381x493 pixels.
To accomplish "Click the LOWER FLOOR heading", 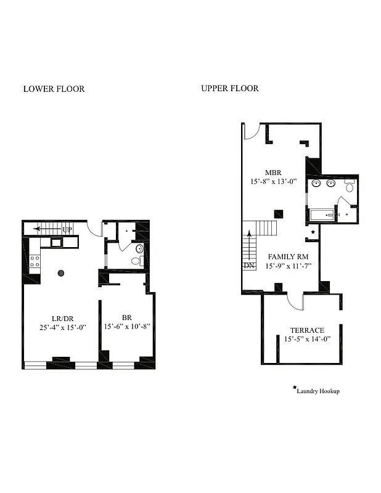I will coord(54,89).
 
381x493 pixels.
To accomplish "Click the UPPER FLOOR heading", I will coord(229,88).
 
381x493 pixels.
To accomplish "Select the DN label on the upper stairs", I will coord(248,266).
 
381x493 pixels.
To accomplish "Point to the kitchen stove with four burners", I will coord(35,261).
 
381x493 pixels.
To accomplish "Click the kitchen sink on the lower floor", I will coord(56,243).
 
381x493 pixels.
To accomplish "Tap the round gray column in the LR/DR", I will coord(61,273).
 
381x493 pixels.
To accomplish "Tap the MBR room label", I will coord(273,173).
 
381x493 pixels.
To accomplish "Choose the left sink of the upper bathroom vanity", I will coord(316,183).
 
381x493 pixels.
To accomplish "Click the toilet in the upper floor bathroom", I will coord(350,187).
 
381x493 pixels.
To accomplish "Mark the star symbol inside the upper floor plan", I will coord(313,232).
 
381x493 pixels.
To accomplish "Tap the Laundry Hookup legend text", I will coord(318,391).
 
